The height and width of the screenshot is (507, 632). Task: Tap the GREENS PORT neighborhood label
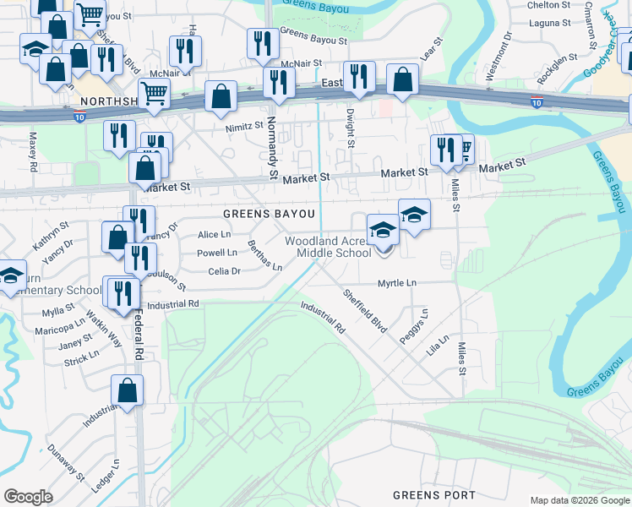tap(434, 495)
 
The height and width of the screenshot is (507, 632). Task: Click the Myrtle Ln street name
tap(397, 283)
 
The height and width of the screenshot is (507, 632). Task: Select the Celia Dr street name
tap(225, 271)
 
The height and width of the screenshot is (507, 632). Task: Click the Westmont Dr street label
tap(499, 57)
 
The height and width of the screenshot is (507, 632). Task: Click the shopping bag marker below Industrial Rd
tap(127, 391)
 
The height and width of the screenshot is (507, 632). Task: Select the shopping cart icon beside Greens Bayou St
tap(90, 14)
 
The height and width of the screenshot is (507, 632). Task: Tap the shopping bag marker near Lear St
tap(403, 80)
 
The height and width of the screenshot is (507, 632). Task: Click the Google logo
tap(28, 497)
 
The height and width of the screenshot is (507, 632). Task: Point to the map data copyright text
tap(579, 500)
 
